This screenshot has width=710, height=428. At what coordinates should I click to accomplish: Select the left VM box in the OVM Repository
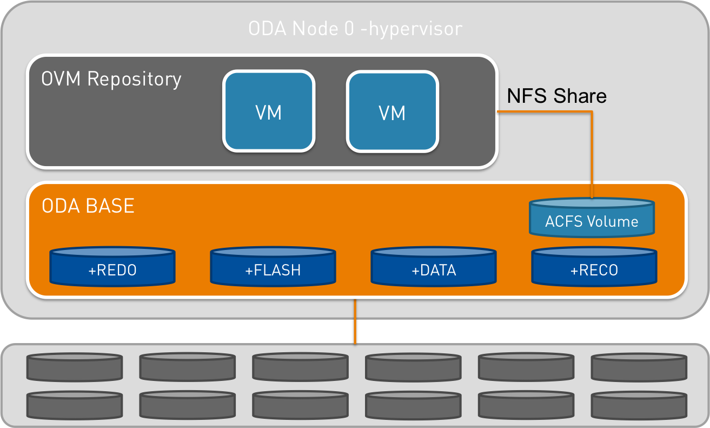(x=268, y=111)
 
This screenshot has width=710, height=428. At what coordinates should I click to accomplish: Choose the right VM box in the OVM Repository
(x=392, y=111)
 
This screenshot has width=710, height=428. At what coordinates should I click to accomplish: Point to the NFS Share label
(x=556, y=96)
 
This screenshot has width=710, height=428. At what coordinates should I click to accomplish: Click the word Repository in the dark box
(x=134, y=79)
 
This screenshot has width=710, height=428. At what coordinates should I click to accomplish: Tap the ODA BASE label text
(x=88, y=206)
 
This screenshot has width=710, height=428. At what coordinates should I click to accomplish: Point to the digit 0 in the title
(x=349, y=28)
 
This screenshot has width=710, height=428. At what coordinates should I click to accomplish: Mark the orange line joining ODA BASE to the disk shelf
(x=355, y=321)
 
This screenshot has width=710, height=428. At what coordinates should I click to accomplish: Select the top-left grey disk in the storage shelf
(x=75, y=367)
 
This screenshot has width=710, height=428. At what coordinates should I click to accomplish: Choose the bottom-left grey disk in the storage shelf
(x=75, y=404)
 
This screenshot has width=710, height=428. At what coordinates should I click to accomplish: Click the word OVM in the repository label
(x=61, y=79)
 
